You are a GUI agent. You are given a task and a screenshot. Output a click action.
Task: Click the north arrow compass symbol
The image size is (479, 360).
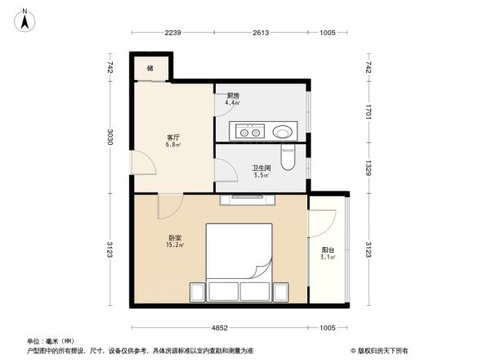click(x=26, y=19)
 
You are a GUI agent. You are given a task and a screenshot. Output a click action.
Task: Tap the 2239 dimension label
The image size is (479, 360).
click(x=172, y=33)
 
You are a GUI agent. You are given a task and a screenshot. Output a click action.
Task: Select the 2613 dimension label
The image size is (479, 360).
click(x=262, y=33)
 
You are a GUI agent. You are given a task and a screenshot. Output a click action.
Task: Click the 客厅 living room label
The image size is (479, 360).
click(x=150, y=137)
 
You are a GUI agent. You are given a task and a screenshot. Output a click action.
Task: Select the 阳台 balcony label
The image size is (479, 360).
click(x=327, y=250)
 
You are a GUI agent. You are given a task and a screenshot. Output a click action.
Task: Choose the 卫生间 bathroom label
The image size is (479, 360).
click(x=261, y=168)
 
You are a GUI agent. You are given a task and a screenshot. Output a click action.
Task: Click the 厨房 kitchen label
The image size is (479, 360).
click(x=232, y=96)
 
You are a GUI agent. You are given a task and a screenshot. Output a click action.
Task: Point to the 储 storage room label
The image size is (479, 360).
click(x=150, y=68)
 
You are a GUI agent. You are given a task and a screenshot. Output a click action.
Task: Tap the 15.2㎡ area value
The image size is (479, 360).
click(x=175, y=245)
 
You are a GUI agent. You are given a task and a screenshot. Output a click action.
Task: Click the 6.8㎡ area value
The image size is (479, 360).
click(x=150, y=146)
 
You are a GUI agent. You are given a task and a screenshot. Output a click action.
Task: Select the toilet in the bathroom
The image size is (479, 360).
click(x=287, y=158)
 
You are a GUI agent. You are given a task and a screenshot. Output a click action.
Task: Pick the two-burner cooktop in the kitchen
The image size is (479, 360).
click(x=248, y=130)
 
